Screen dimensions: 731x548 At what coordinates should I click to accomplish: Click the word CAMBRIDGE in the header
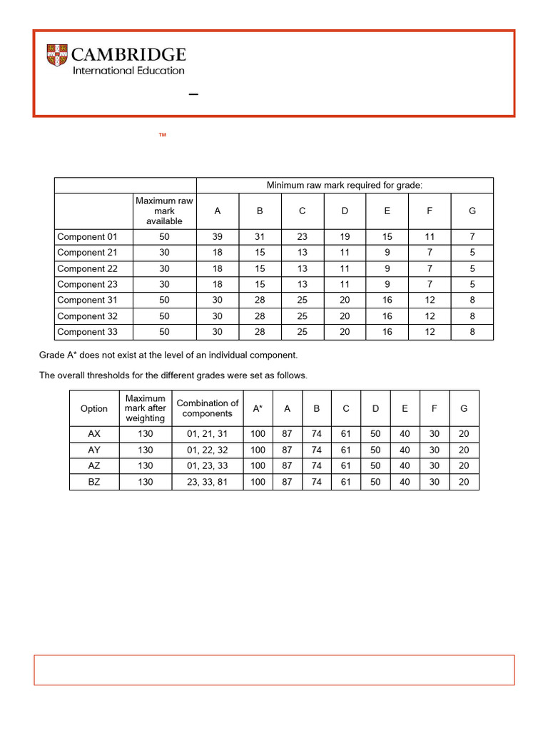(130, 55)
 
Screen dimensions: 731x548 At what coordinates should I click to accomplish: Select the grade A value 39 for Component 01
(218, 237)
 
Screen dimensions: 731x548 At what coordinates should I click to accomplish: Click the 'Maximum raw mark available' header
(164, 211)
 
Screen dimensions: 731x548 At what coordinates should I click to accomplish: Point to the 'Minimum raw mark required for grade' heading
(345, 186)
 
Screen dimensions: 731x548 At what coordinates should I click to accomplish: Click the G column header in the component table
(472, 211)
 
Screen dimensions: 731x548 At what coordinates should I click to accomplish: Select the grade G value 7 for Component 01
(472, 237)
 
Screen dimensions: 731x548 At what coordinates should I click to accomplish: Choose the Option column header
(94, 409)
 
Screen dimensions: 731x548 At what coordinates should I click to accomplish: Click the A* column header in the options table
(258, 409)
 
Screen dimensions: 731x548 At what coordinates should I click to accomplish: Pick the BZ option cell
(94, 482)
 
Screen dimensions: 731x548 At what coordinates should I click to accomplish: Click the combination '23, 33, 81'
(208, 482)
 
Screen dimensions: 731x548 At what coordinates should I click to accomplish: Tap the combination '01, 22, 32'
(208, 450)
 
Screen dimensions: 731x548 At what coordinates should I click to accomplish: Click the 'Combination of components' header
(208, 408)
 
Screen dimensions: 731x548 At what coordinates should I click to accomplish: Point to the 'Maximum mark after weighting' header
(146, 408)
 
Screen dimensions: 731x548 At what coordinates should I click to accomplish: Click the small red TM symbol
(163, 134)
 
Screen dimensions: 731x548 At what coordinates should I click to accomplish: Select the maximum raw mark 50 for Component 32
(164, 316)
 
